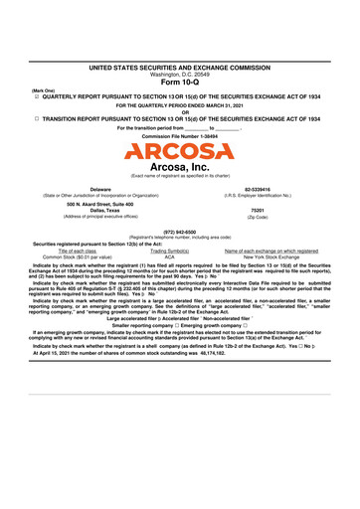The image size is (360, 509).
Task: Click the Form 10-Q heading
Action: pyautogui.click(x=179, y=82)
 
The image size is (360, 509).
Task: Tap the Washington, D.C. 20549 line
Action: pyautogui.click(x=179, y=73)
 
